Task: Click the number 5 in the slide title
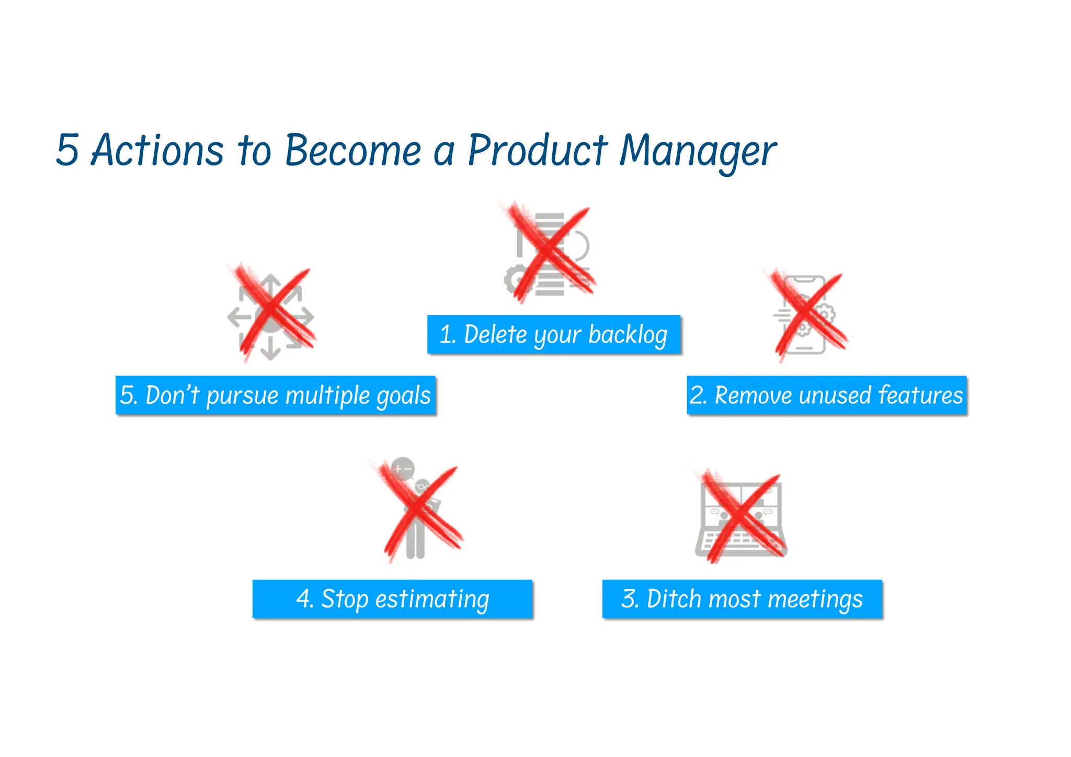pyautogui.click(x=68, y=150)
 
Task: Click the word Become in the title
pyautogui.click(x=352, y=150)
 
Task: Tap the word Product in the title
pyautogui.click(x=537, y=150)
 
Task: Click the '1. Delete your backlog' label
pyautogui.click(x=554, y=334)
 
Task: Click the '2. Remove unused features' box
pyautogui.click(x=826, y=395)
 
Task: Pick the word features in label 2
pyautogui.click(x=920, y=394)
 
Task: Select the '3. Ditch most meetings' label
pyautogui.click(x=742, y=599)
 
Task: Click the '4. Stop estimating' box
pyautogui.click(x=392, y=599)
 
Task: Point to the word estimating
pyautogui.click(x=432, y=600)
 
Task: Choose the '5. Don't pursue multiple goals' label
pyautogui.click(x=276, y=396)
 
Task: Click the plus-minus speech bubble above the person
pyautogui.click(x=403, y=468)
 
